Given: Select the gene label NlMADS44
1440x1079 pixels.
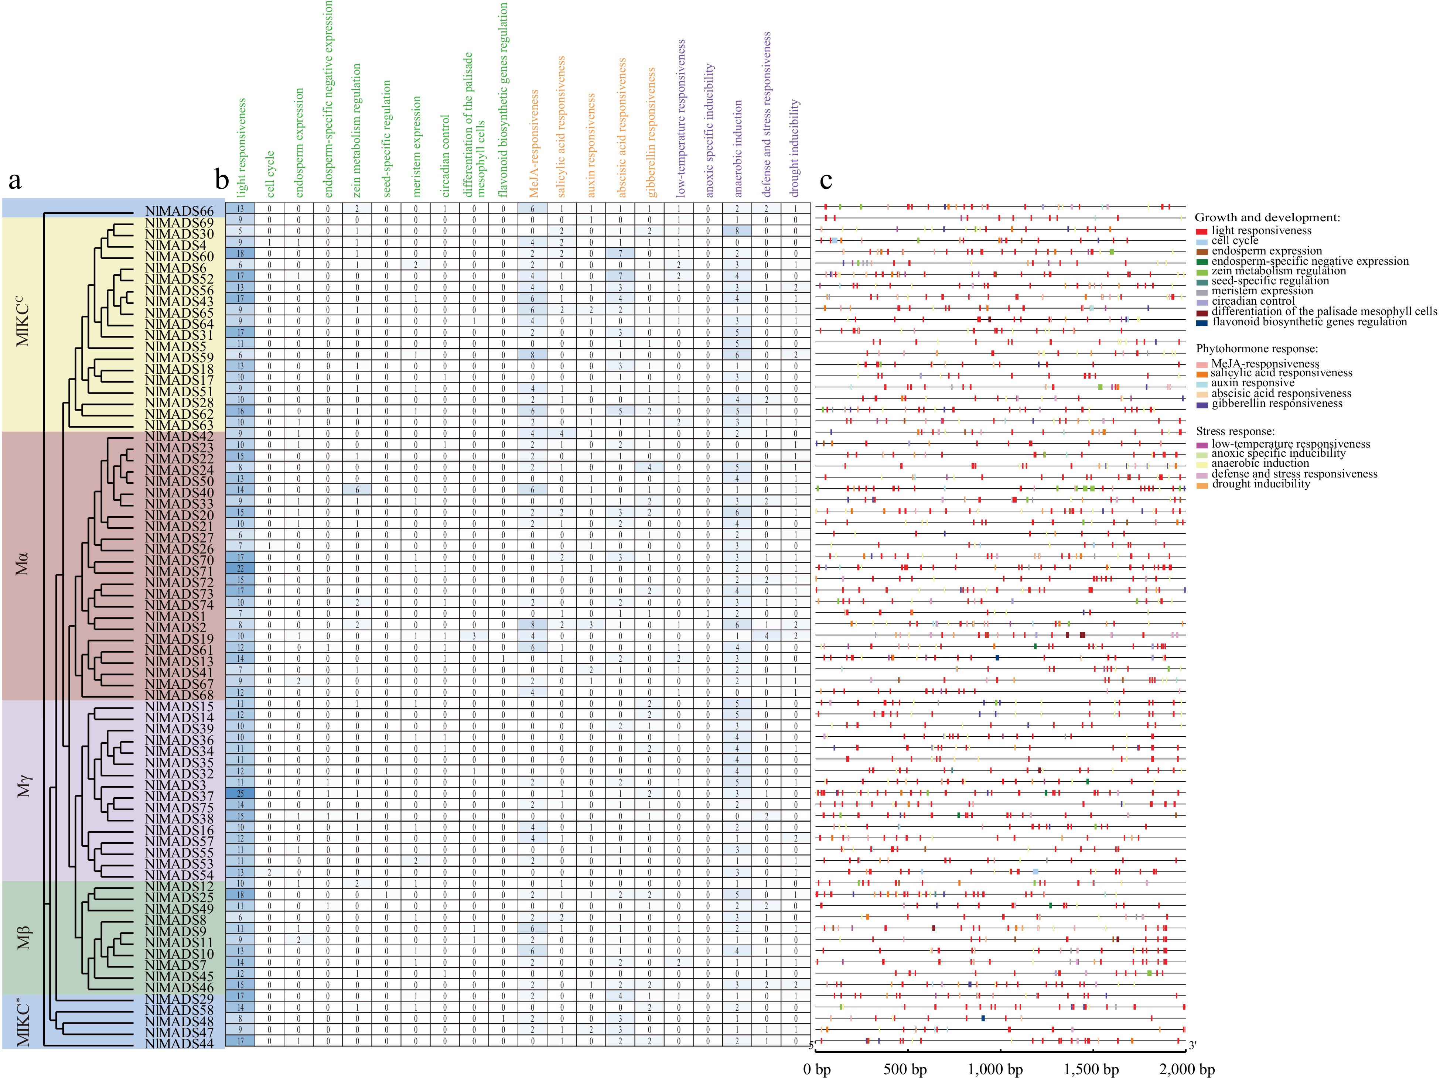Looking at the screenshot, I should click(x=179, y=1044).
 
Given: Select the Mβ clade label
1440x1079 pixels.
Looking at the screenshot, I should click(x=23, y=937).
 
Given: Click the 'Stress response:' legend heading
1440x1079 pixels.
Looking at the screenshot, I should click(x=1235, y=431).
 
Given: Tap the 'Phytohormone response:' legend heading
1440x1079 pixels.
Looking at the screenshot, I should click(x=1256, y=349).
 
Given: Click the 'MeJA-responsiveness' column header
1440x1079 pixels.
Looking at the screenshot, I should click(x=534, y=143).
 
